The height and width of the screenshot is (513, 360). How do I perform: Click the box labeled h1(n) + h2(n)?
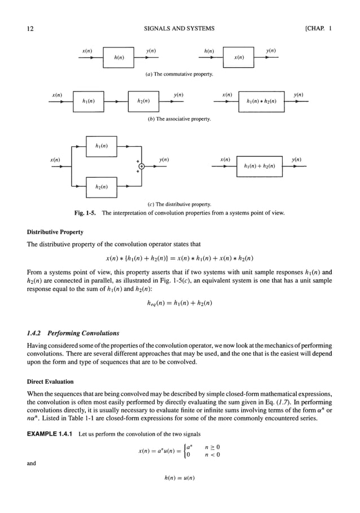[x=259, y=166]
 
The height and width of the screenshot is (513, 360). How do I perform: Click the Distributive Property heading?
[x=55, y=232]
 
